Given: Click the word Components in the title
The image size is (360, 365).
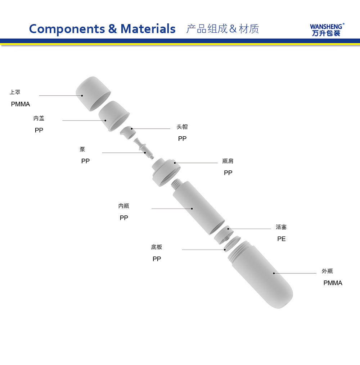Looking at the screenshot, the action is pyautogui.click(x=67, y=29).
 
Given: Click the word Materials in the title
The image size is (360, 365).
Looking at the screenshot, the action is pyautogui.click(x=148, y=29).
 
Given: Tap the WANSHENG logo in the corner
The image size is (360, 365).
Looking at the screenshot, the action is pyautogui.click(x=327, y=30).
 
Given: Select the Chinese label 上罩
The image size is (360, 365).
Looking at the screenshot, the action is pyautogui.click(x=15, y=92).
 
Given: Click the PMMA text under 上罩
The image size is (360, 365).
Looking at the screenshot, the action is pyautogui.click(x=21, y=104).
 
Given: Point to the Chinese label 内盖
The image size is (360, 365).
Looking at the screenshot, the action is pyautogui.click(x=39, y=118).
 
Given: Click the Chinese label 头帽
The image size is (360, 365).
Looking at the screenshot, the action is pyautogui.click(x=182, y=127).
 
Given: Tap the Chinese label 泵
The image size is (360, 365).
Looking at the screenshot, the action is pyautogui.click(x=82, y=149).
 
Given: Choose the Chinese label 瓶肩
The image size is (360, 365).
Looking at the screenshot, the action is pyautogui.click(x=228, y=161).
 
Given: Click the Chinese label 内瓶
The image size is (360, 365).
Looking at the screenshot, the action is pyautogui.click(x=123, y=206).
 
